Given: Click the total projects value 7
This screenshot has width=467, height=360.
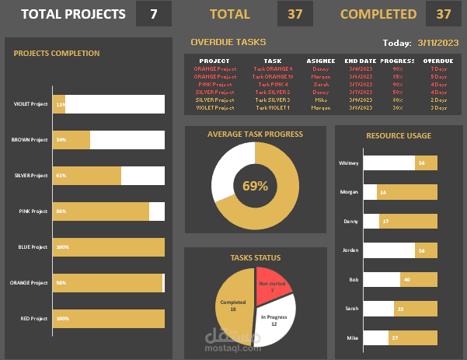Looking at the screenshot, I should [x=154, y=14].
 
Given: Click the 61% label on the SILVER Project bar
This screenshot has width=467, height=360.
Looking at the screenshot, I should [x=61, y=176].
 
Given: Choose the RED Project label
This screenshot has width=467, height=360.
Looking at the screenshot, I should [x=33, y=319].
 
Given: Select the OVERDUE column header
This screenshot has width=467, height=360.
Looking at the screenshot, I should [x=438, y=60].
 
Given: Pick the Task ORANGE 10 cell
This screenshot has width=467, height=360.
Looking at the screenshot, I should [x=273, y=77].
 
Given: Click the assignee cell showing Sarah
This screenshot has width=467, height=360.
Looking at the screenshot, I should [x=320, y=84].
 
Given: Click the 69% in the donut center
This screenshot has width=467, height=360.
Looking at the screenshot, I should [x=255, y=186].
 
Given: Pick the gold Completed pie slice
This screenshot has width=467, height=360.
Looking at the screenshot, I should [x=233, y=307].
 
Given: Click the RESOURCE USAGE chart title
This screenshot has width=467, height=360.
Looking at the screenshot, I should [x=399, y=136].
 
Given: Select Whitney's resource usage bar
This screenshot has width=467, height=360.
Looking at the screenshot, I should [x=400, y=163].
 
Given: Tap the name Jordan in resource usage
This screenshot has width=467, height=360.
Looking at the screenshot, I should [x=350, y=250].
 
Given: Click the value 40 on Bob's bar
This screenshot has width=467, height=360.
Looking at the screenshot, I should [x=407, y=279].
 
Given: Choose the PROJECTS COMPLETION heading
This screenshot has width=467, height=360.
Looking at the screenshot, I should [x=57, y=54].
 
